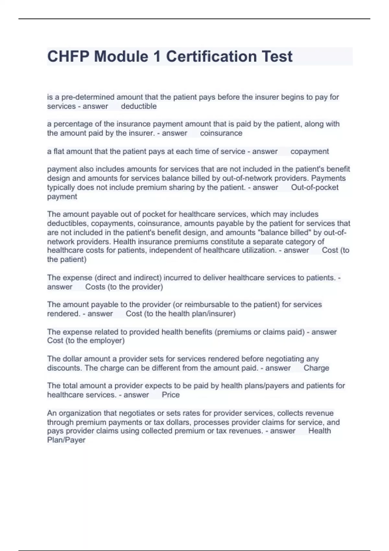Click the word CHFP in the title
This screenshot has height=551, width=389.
click(68, 56)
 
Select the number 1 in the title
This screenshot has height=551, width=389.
click(157, 56)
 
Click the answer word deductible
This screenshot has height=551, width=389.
click(139, 106)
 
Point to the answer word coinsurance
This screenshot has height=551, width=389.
click(221, 133)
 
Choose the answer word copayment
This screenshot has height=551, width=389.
click(310, 151)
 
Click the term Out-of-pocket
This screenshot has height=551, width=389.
click(314, 187)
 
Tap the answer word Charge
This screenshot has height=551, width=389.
click(316, 368)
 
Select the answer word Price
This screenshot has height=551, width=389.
click(171, 395)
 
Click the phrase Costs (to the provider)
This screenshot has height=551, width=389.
click(124, 287)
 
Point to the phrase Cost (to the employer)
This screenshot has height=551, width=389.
click(86, 341)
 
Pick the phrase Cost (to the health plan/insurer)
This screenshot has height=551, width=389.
click(181, 314)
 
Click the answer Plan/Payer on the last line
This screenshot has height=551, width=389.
click(66, 440)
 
